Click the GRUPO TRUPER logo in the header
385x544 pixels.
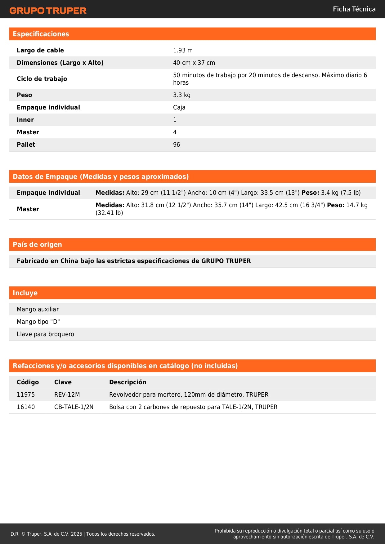tap(48, 11)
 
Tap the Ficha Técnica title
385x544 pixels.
tap(354, 9)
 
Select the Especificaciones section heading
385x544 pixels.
tap(41, 34)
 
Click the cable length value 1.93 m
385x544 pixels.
tap(183, 50)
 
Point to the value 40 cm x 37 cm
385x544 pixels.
tap(194, 63)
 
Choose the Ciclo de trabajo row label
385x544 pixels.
tap(42, 79)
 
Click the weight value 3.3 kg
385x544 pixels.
tap(181, 95)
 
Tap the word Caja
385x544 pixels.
tap(179, 107)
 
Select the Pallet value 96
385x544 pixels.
tap(176, 145)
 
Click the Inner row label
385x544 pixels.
tap(25, 120)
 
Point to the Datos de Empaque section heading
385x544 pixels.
tap(101, 177)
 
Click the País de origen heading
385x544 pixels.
tap(37, 245)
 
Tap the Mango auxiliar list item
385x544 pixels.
tap(38, 309)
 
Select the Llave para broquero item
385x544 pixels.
tap(45, 334)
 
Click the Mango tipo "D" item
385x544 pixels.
tap(38, 322)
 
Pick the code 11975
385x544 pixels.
tap(26, 395)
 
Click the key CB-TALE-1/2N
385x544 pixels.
tap(74, 407)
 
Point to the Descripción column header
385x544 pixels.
tap(128, 382)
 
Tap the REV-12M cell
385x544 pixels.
tap(67, 395)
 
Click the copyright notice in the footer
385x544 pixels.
tap(83, 534)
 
